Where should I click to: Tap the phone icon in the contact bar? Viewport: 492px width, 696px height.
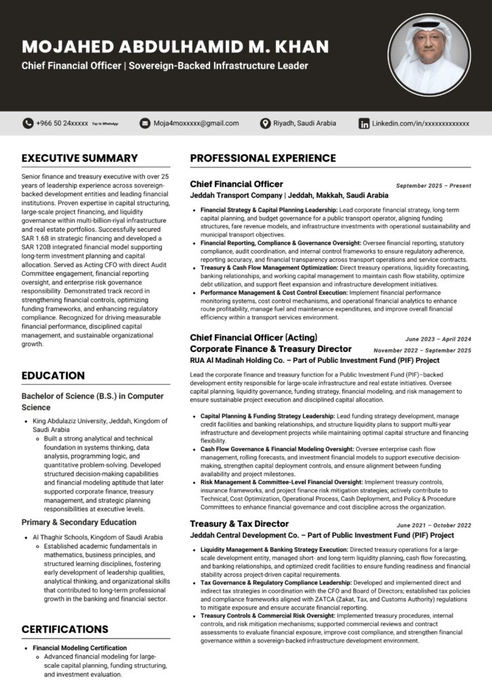(x=27, y=123)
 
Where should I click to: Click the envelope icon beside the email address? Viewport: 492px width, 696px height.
(x=145, y=123)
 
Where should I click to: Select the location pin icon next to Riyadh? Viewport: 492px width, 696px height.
(x=266, y=123)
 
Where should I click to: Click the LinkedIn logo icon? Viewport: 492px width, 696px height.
(x=364, y=123)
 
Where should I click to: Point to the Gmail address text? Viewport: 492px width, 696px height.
(x=196, y=123)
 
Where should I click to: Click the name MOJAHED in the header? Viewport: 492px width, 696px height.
(x=68, y=47)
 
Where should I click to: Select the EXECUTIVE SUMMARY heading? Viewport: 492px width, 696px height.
(x=80, y=158)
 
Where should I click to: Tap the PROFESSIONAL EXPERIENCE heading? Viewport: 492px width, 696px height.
(x=263, y=158)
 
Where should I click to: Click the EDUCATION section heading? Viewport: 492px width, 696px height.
(x=53, y=376)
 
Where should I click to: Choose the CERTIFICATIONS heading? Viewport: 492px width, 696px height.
(x=65, y=629)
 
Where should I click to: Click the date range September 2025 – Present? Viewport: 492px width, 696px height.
(x=434, y=186)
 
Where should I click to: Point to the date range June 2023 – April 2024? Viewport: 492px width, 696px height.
(x=438, y=338)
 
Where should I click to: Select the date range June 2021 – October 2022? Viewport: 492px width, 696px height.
(x=434, y=525)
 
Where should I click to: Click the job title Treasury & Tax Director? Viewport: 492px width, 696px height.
(x=239, y=524)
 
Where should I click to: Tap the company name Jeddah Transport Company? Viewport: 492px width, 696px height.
(x=235, y=195)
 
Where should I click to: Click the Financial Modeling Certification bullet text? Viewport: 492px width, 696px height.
(x=80, y=648)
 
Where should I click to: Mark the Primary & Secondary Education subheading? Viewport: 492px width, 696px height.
(x=79, y=523)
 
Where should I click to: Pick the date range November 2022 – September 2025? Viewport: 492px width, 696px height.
(x=422, y=350)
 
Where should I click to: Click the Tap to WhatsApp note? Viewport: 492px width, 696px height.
(x=105, y=124)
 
